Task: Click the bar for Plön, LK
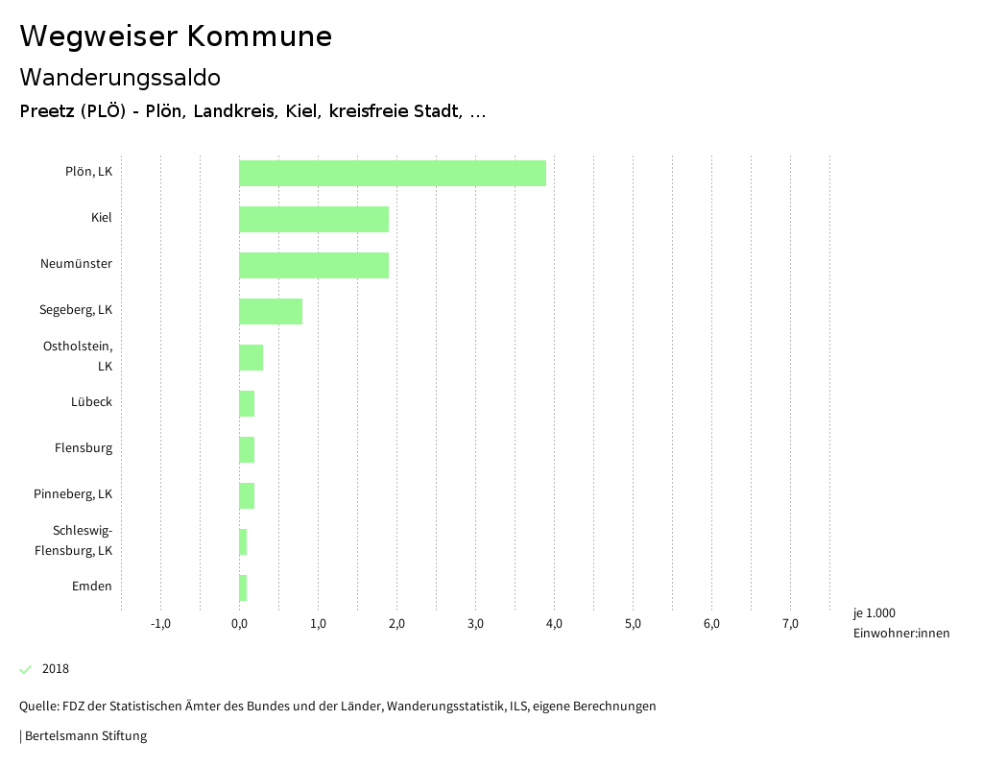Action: point(392,173)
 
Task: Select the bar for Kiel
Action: point(314,219)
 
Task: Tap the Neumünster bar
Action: point(314,265)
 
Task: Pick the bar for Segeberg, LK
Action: point(271,311)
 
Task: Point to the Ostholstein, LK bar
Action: point(251,357)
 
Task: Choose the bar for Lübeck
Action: point(247,403)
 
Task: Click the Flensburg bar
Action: point(247,449)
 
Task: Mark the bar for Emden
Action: point(243,587)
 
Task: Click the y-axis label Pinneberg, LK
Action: point(73,494)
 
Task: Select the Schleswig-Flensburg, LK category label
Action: point(74,540)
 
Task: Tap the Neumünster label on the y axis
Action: point(76,264)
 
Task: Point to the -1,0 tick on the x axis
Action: point(160,624)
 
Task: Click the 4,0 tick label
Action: point(554,624)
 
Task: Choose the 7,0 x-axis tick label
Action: point(790,624)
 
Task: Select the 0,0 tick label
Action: point(239,624)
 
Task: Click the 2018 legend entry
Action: point(55,669)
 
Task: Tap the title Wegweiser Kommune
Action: point(176,36)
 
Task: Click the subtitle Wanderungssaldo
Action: point(120,77)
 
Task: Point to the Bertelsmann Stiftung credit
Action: point(84,736)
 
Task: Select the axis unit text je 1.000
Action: point(874,613)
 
